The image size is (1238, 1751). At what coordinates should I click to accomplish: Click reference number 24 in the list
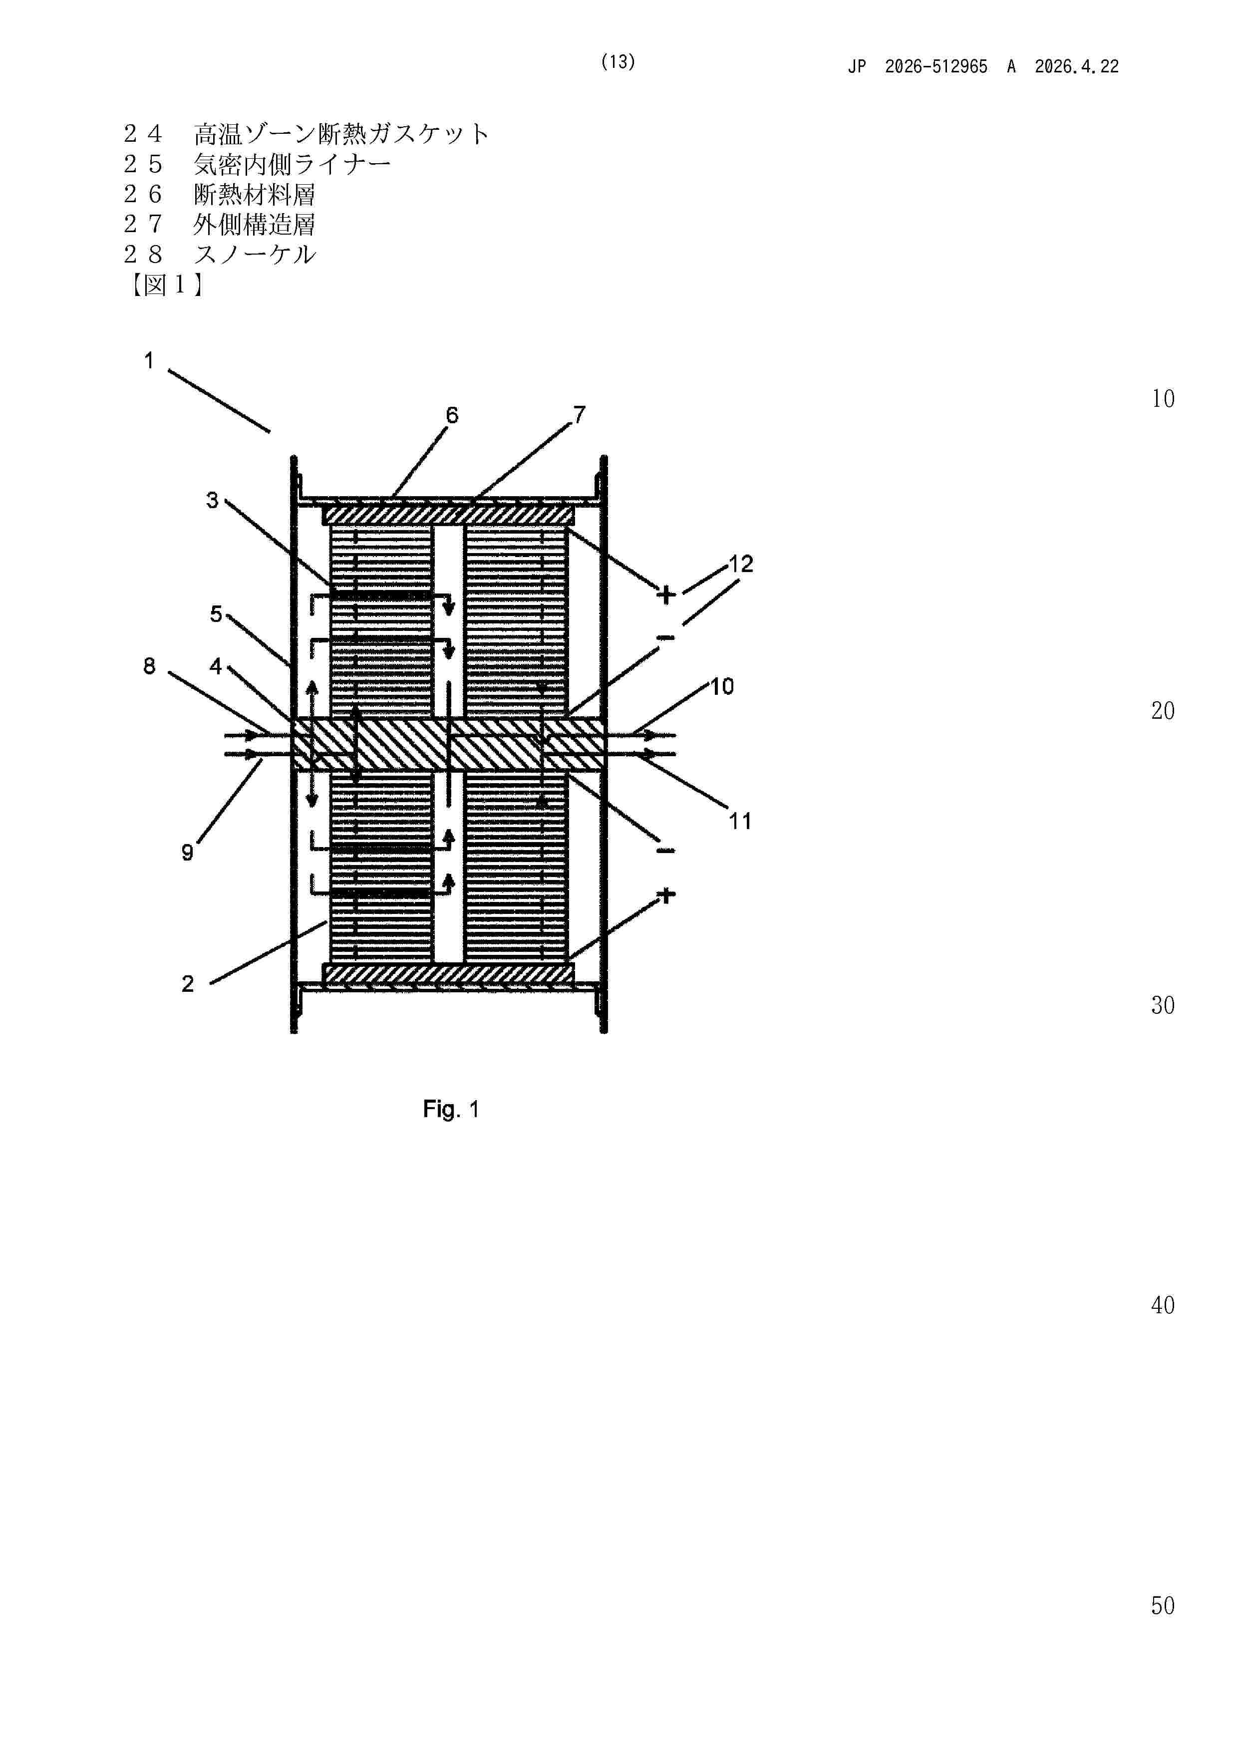[x=143, y=134]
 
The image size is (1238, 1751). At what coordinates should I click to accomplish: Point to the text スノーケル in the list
[x=255, y=254]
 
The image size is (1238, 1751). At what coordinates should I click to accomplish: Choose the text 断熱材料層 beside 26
[x=254, y=195]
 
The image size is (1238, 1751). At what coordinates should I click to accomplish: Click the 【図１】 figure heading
[x=165, y=285]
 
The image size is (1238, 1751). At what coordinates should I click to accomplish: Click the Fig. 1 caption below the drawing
[x=451, y=1109]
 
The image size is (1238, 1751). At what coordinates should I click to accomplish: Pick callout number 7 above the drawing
[x=579, y=414]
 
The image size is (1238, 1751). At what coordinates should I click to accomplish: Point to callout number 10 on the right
[x=722, y=686]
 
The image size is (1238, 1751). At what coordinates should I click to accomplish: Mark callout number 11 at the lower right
[x=739, y=822]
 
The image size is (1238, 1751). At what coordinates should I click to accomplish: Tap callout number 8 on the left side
[x=149, y=666]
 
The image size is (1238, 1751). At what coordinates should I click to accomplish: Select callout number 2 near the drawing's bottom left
[x=188, y=984]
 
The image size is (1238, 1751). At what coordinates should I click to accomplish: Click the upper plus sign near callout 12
[x=666, y=595]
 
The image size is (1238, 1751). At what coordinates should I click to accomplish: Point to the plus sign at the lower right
[x=666, y=894]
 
